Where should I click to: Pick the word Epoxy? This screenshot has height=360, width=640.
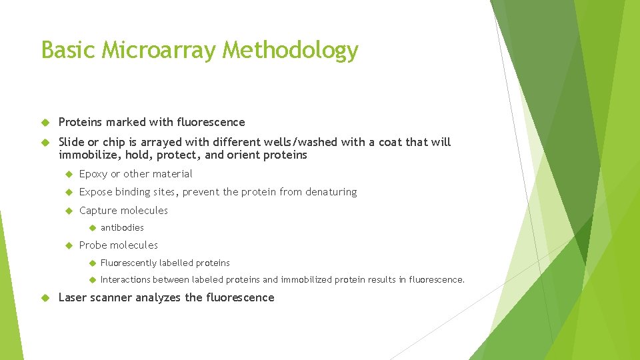pyautogui.click(x=93, y=174)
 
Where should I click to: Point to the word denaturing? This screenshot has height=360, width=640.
pyautogui.click(x=331, y=192)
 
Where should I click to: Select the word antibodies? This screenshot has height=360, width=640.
pyautogui.click(x=122, y=228)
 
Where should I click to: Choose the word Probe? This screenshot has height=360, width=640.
pyautogui.click(x=93, y=245)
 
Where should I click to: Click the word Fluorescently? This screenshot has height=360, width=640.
pyautogui.click(x=129, y=263)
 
